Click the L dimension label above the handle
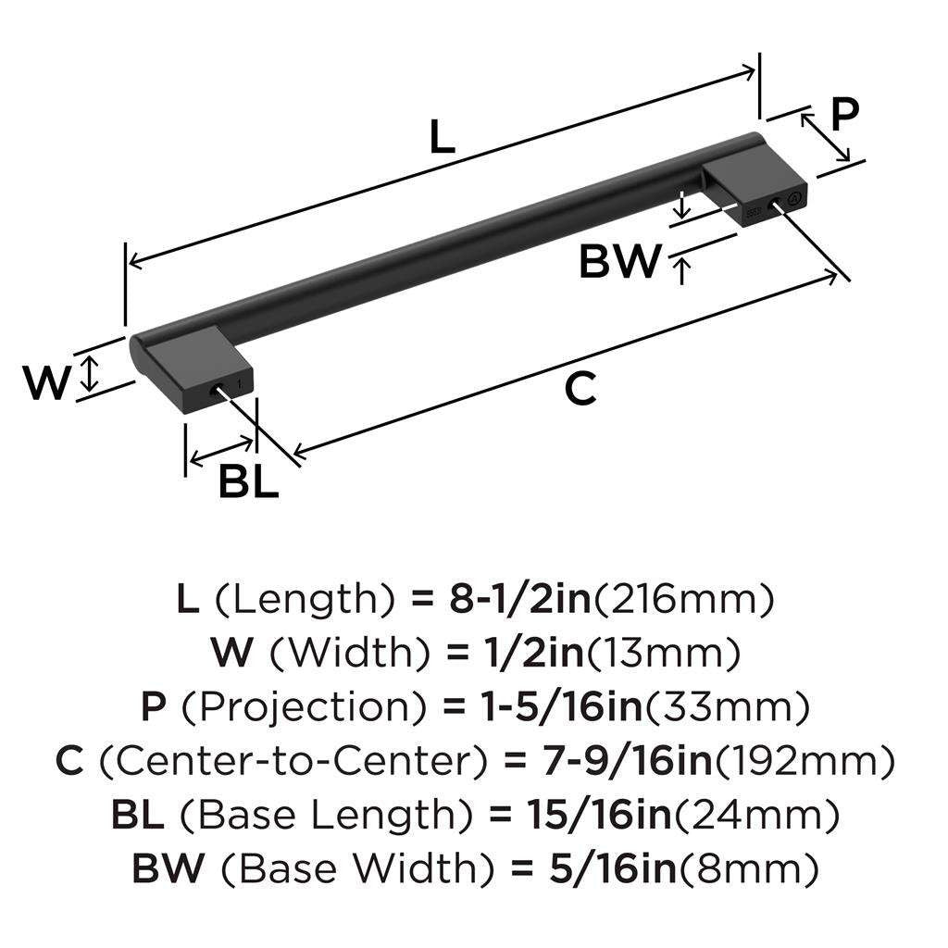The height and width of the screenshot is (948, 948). pyautogui.click(x=443, y=138)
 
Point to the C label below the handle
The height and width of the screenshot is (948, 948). pyautogui.click(x=580, y=390)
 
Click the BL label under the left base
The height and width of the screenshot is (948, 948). pyautogui.click(x=248, y=482)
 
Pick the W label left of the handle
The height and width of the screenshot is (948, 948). pyautogui.click(x=46, y=382)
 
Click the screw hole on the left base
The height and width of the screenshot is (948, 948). pyautogui.click(x=219, y=392)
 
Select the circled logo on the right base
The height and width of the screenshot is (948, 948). pyautogui.click(x=792, y=198)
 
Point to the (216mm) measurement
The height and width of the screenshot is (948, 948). pyautogui.click(x=682, y=601)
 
